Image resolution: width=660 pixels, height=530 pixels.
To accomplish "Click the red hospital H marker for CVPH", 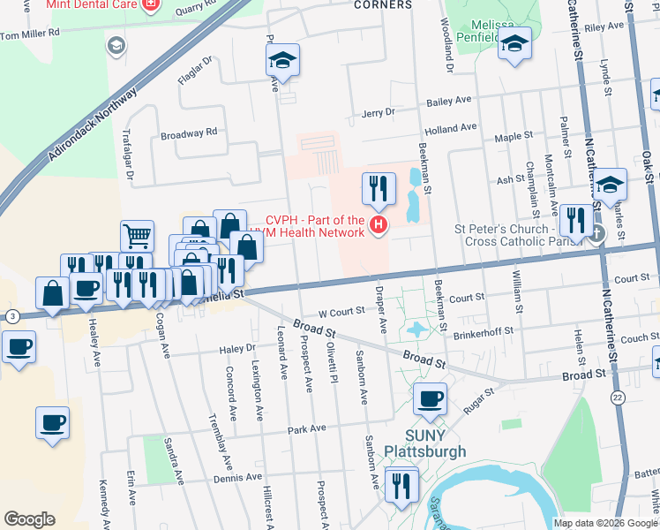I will point(379,226).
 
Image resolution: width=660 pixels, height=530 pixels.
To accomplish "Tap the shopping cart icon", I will point(137,235).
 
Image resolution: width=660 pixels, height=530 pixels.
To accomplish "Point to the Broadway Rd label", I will point(188,133).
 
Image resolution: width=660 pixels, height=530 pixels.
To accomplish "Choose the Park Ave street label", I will point(307,428).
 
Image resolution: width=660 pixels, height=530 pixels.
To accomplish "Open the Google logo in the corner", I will point(29,519).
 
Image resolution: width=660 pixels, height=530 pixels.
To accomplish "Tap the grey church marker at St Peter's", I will point(597,233).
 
